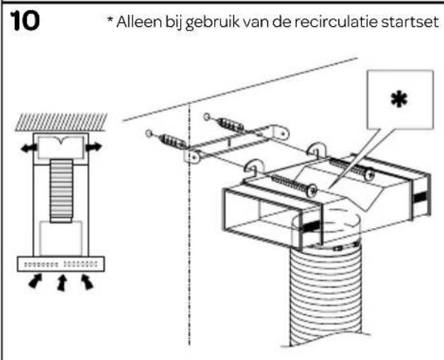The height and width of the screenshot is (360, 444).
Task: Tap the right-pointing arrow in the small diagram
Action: click(93, 147)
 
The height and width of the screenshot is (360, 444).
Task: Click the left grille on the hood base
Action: click(39, 263)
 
